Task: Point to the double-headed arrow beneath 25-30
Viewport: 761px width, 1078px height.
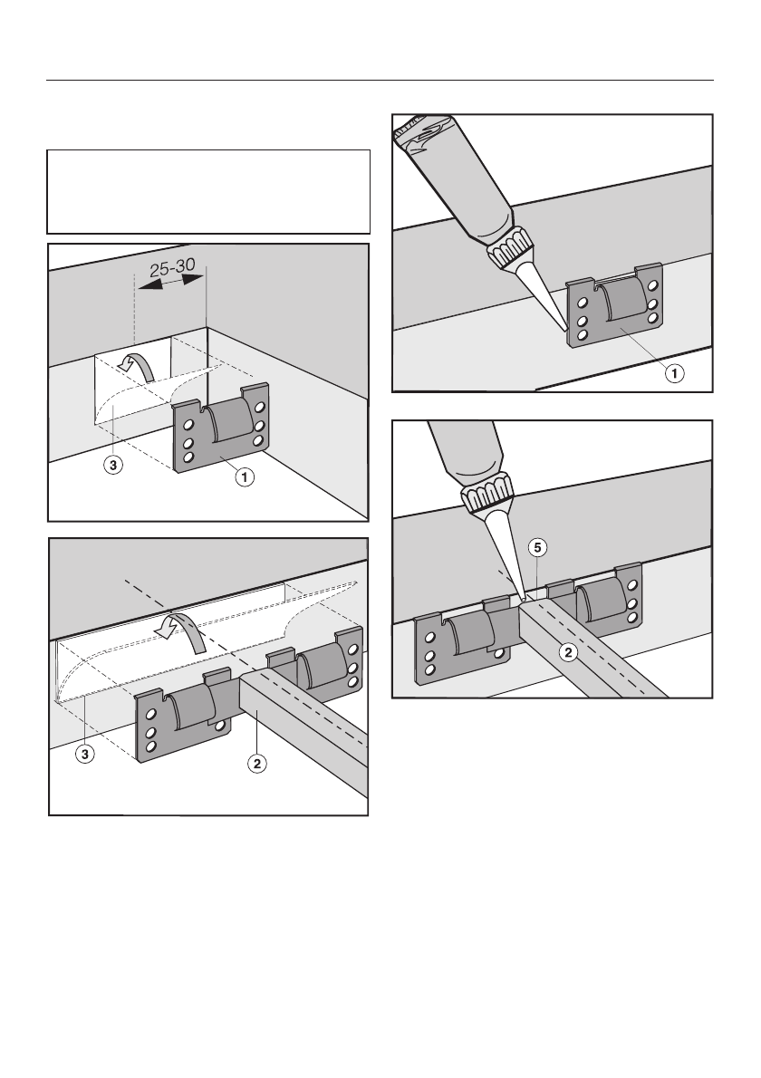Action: [170, 283]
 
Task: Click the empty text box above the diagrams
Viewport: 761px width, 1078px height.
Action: [209, 192]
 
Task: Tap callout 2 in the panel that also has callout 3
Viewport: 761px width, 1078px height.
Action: [257, 763]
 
